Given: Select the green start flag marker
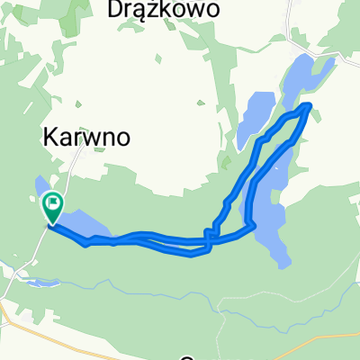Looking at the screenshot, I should coord(53,209).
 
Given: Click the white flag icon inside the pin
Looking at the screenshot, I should coord(53,204).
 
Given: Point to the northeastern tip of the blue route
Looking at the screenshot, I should coord(310,106).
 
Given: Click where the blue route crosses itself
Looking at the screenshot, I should coord(208,239).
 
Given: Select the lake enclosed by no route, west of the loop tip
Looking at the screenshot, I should coord(253,112).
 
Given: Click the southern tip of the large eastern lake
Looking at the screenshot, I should coord(282,262).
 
